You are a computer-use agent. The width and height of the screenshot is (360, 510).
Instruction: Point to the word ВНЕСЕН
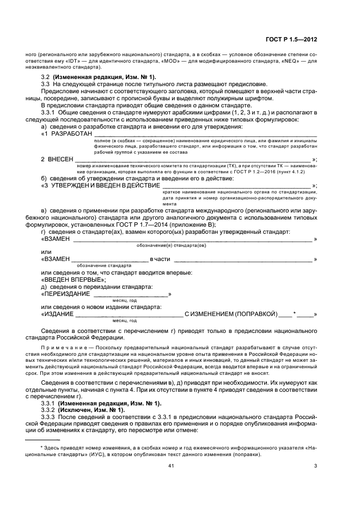point(58,159)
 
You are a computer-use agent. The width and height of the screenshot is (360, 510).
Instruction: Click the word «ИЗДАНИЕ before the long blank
point(57,314)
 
